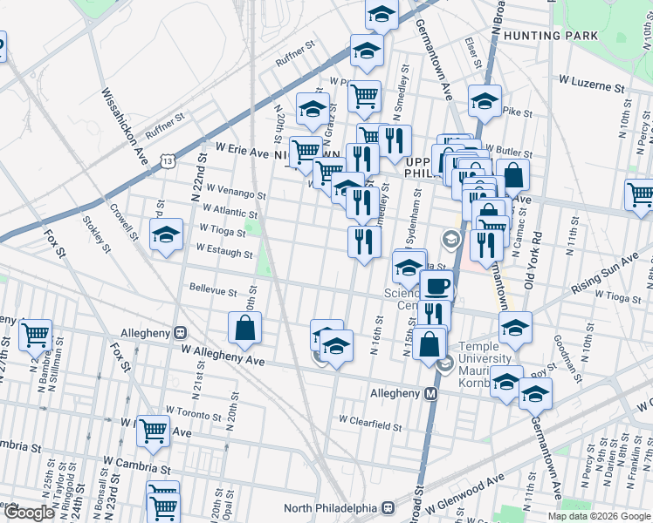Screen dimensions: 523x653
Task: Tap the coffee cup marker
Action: pyautogui.click(x=436, y=285)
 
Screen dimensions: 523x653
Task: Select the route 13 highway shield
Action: pyautogui.click(x=168, y=160)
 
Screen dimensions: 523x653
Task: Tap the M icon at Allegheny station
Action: pyautogui.click(x=430, y=394)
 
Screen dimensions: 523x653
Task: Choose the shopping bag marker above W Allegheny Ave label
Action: pyautogui.click(x=245, y=328)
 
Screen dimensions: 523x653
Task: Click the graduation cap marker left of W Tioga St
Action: pyautogui.click(x=166, y=235)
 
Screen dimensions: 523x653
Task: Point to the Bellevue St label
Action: pyautogui.click(x=214, y=289)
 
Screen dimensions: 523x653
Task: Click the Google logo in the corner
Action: pyautogui.click(x=29, y=513)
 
